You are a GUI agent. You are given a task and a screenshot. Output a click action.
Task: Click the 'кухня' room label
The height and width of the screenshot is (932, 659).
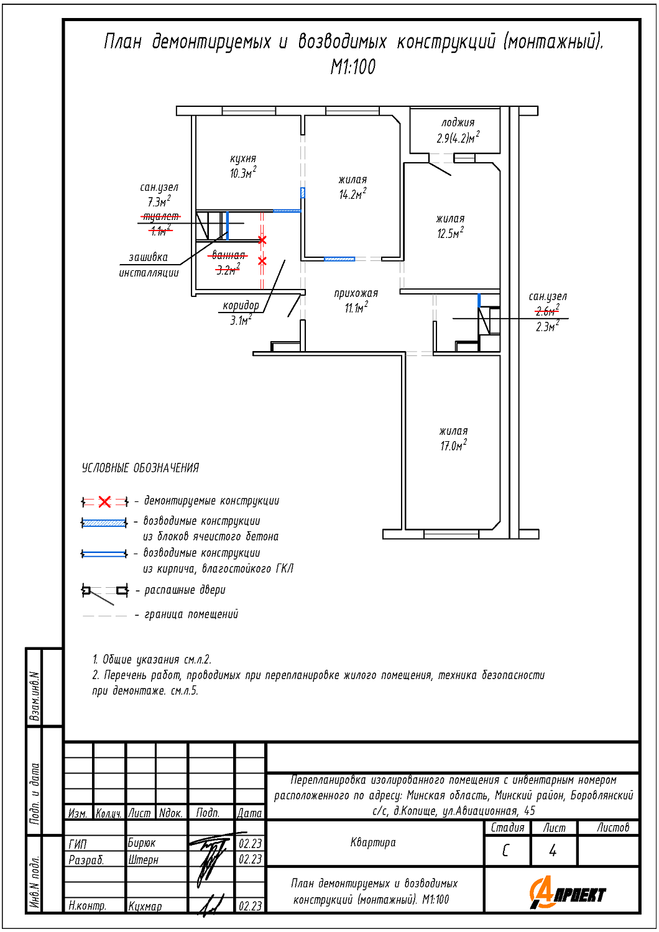click(x=242, y=159)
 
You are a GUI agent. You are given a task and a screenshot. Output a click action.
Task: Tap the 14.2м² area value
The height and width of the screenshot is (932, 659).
click(x=352, y=194)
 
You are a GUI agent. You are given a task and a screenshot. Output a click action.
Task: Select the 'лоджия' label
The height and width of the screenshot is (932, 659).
click(x=458, y=123)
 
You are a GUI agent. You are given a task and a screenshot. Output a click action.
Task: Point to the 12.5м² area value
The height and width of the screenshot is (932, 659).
click(x=449, y=234)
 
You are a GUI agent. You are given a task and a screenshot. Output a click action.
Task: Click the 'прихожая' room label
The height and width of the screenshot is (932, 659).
click(x=356, y=293)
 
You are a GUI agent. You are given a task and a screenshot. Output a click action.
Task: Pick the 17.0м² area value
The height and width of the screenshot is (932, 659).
click(x=453, y=445)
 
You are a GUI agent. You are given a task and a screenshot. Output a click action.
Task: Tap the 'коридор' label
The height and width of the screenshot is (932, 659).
click(x=241, y=305)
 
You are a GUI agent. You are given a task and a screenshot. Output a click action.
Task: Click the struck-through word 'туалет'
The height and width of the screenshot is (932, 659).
click(x=161, y=216)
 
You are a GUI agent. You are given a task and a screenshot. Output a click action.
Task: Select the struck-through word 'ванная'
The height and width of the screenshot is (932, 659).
click(x=228, y=255)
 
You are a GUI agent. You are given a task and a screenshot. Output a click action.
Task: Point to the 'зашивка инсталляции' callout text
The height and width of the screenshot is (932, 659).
click(x=149, y=265)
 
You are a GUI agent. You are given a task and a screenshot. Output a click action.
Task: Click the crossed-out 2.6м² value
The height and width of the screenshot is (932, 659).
click(x=547, y=311)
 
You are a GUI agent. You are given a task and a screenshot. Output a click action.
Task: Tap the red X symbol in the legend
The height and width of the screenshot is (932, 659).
click(x=104, y=501)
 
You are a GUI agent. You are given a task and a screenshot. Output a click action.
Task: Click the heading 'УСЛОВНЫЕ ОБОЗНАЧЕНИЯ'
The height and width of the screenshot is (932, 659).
click(x=141, y=468)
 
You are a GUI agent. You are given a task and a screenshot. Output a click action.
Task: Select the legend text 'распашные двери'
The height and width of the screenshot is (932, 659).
click(x=185, y=590)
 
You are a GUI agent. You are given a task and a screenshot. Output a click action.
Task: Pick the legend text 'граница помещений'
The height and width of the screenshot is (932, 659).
click(x=191, y=614)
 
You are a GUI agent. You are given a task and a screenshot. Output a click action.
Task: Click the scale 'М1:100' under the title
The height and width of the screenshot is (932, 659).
click(x=353, y=67)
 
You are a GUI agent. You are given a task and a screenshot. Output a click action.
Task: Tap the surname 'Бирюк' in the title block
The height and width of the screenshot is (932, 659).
click(x=142, y=843)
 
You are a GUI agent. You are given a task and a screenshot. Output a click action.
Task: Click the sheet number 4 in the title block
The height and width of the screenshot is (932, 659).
click(x=553, y=851)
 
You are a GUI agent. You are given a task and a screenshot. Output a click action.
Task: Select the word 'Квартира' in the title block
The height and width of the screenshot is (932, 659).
click(x=373, y=843)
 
